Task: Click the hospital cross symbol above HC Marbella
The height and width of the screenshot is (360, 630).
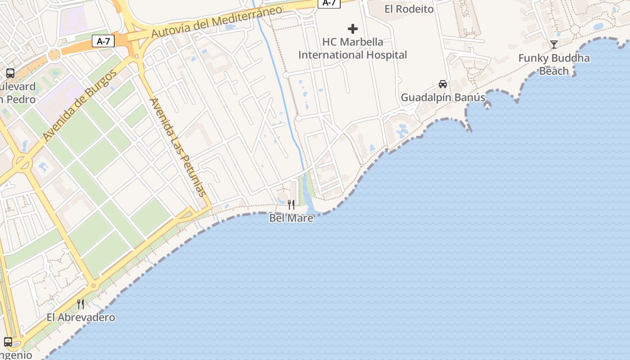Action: click(353, 29)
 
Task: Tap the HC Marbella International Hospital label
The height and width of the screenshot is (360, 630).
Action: click(353, 49)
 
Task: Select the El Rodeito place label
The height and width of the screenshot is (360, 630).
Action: click(409, 9)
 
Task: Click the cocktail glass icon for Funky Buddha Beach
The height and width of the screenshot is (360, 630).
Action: click(554, 44)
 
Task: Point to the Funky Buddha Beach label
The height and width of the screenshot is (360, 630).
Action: click(554, 64)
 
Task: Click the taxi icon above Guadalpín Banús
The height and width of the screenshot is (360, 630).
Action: click(443, 84)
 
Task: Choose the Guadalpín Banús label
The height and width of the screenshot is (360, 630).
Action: click(443, 98)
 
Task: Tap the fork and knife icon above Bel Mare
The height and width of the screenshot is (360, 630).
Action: click(291, 205)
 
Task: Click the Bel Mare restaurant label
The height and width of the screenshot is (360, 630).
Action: click(291, 218)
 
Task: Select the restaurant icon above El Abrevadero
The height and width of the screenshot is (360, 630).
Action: click(81, 304)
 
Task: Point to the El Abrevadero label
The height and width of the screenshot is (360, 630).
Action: click(81, 318)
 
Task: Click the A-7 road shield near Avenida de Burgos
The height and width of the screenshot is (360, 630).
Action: click(103, 41)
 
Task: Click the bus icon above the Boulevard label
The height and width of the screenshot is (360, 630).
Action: click(10, 73)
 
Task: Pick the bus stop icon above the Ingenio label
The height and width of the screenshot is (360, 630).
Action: click(8, 342)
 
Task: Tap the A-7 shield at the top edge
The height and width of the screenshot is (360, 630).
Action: click(329, 3)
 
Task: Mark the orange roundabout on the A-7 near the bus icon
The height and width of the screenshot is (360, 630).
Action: click(54, 55)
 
